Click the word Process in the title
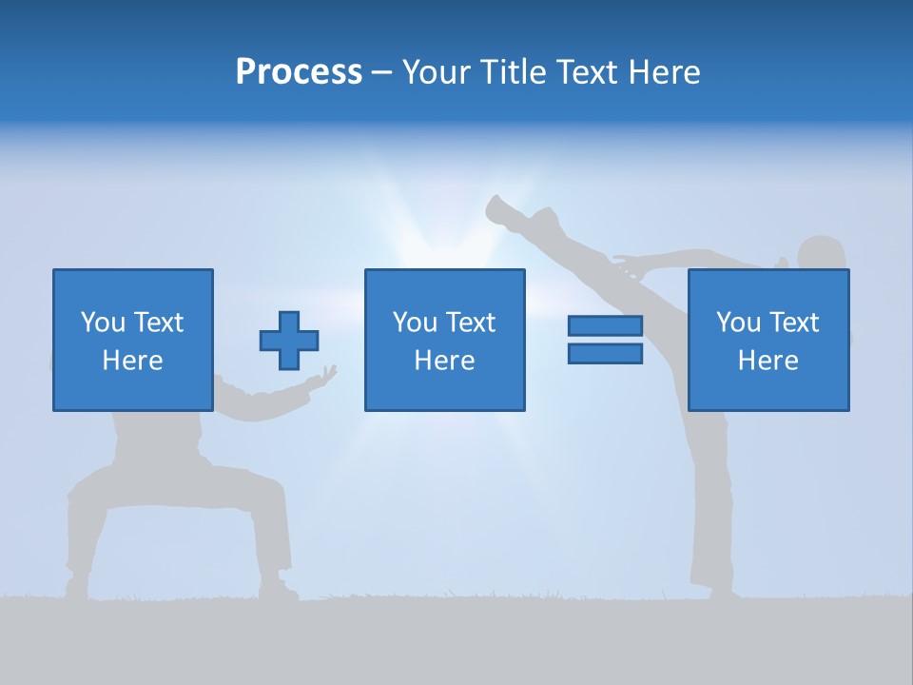click(299, 72)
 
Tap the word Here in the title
click(662, 72)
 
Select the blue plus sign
click(289, 341)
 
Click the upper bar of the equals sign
click(605, 326)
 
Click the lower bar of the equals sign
click(605, 354)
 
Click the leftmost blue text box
click(132, 340)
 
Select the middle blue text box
click(444, 340)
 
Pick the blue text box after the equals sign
click(767, 340)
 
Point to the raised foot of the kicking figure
click(499, 208)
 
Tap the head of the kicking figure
click(821, 254)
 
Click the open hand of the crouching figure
click(325, 376)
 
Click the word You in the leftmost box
click(103, 323)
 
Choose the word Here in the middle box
click(444, 361)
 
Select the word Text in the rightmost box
click(792, 323)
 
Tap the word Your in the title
click(437, 72)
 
